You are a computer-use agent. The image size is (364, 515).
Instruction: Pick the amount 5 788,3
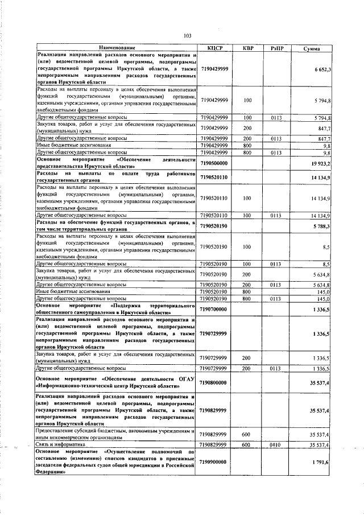pos(321,226)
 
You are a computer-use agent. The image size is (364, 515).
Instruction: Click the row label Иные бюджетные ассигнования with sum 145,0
pos(73,291)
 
